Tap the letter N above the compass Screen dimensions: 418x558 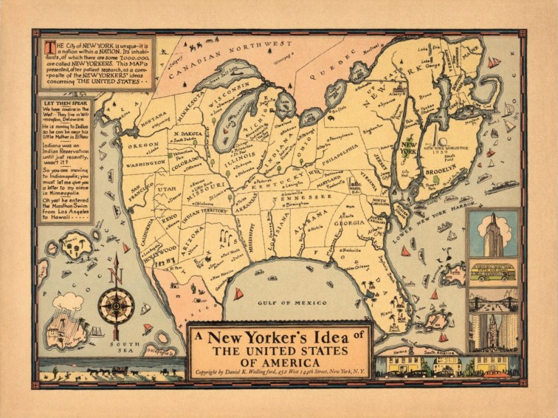(x=116, y=275)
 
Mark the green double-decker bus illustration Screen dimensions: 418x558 (x=492, y=274)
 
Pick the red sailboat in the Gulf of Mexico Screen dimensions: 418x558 (x=238, y=293)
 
